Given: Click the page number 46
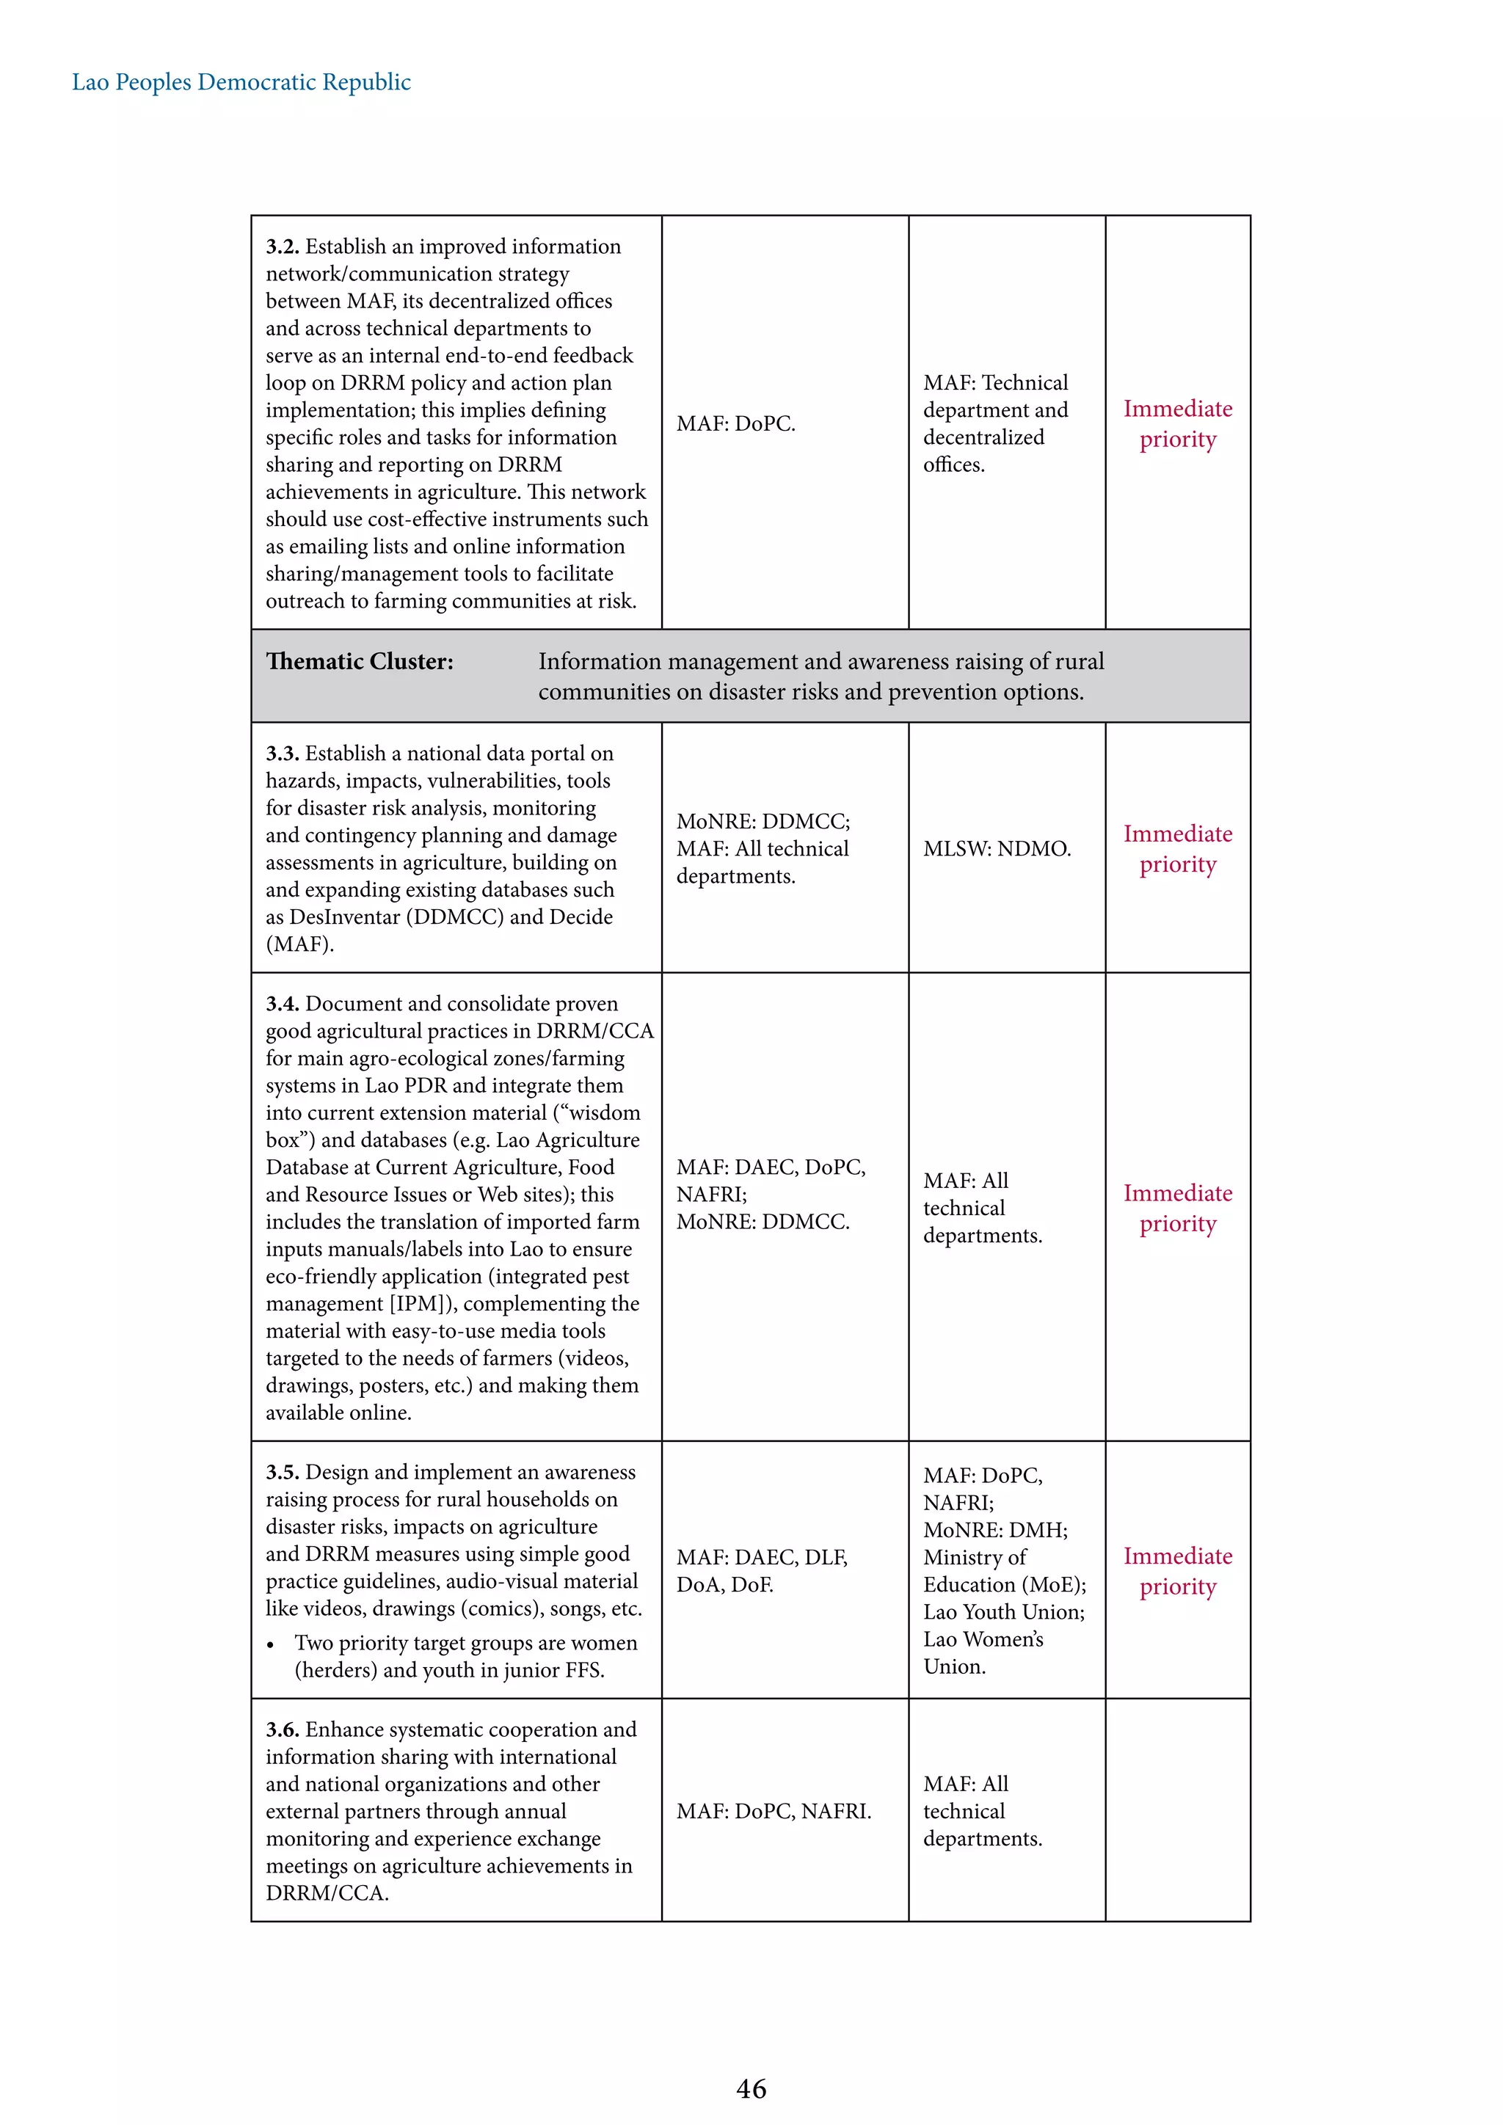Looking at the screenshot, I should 751,2088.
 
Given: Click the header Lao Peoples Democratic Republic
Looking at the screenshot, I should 241,82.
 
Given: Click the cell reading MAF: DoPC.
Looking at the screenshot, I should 736,424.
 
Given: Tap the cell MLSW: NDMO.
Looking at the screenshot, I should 997,849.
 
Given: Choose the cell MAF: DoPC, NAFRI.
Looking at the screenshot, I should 774,1811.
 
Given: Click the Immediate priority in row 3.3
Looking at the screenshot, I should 1177,849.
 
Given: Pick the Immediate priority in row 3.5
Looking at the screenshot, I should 1177,1570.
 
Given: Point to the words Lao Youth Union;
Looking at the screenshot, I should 1003,1611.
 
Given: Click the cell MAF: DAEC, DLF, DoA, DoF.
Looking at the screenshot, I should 761,1570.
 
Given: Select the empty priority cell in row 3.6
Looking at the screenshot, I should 1177,1810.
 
